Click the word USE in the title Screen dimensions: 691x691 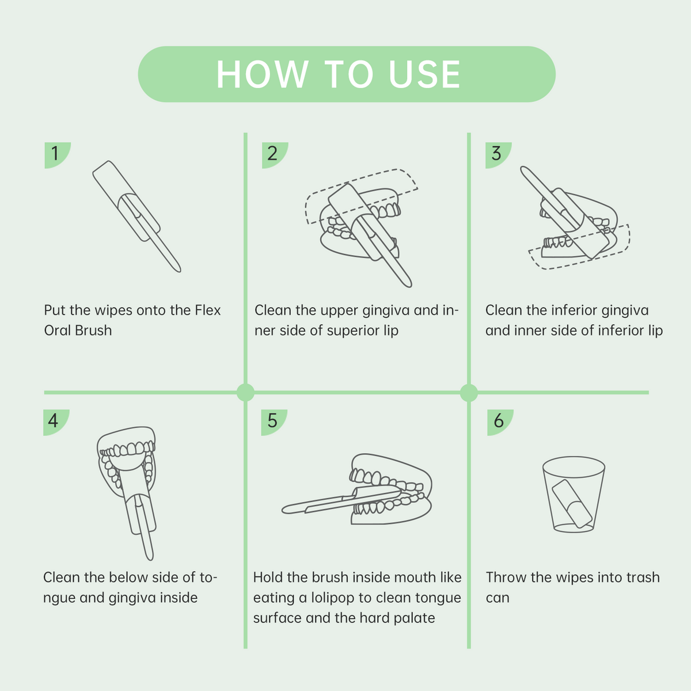424,74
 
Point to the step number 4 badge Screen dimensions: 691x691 56,422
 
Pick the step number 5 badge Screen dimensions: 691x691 274,422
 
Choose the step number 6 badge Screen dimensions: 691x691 500,422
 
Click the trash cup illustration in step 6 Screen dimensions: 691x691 574,494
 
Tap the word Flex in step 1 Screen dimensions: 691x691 208,310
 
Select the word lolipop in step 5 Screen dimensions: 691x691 332,598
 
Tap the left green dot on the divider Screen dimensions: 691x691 246,392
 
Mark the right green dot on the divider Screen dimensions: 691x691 469,392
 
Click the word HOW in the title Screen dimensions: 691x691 263,74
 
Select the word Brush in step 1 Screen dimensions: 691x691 94,331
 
